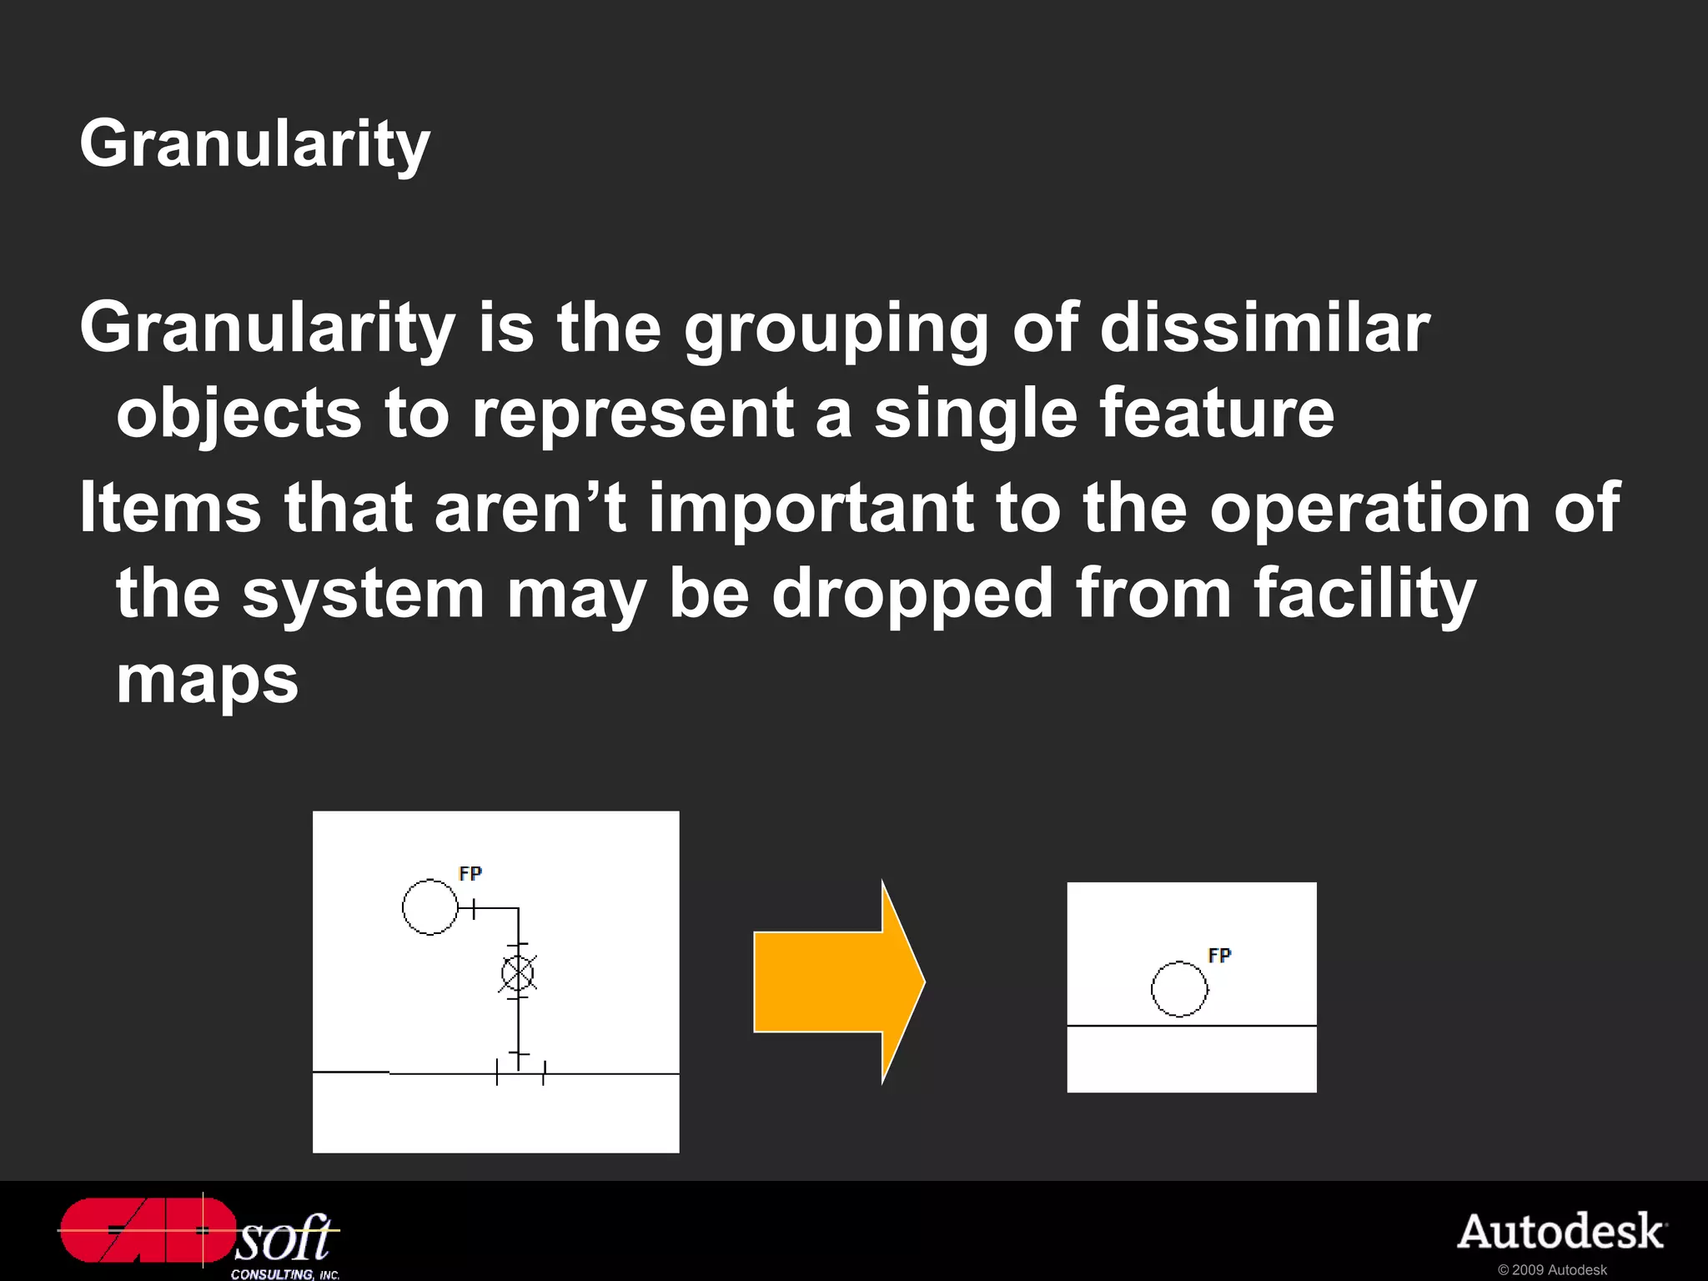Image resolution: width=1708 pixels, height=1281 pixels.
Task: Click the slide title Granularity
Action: click(x=254, y=143)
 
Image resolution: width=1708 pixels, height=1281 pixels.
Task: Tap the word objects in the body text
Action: click(x=239, y=414)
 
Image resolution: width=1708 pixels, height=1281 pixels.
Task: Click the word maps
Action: click(x=207, y=681)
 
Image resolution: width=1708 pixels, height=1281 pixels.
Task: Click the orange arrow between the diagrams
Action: click(x=838, y=982)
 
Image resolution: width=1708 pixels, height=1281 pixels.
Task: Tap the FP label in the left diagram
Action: click(x=470, y=873)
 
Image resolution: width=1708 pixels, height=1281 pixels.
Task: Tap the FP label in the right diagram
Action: click(x=1219, y=955)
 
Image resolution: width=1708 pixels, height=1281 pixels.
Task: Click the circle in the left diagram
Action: click(x=430, y=907)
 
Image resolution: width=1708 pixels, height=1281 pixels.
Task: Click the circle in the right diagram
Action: click(x=1179, y=989)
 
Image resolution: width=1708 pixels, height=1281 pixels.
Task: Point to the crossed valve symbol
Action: click(x=518, y=972)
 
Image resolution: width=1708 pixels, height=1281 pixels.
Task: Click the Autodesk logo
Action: click(x=1561, y=1232)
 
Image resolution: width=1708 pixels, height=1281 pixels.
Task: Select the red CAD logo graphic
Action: click(x=146, y=1230)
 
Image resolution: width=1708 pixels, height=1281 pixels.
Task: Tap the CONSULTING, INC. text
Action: click(x=285, y=1274)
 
